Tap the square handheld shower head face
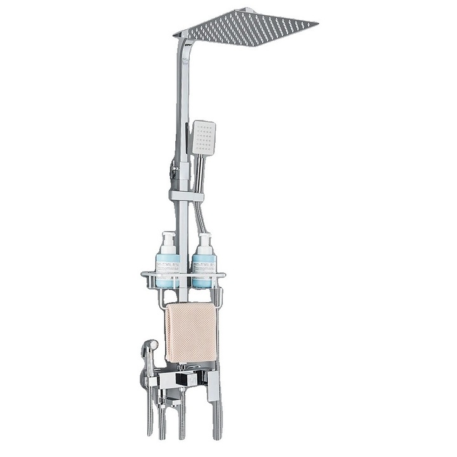[x=204, y=138]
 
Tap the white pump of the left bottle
[x=168, y=238]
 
